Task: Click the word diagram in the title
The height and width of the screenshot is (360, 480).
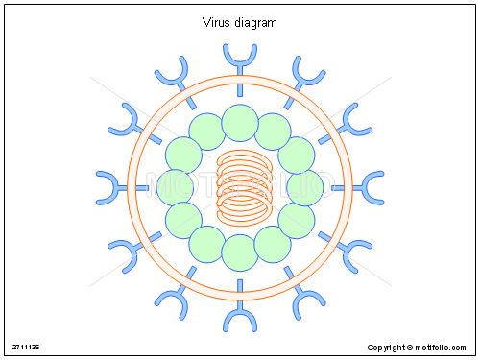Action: (x=253, y=23)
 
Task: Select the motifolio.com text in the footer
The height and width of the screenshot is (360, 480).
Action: (x=443, y=347)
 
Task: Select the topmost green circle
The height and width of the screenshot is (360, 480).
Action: (x=240, y=123)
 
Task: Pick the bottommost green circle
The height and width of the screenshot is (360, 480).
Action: (x=240, y=252)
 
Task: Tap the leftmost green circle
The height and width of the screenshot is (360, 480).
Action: (x=176, y=187)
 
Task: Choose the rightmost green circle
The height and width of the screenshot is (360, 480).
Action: (x=304, y=187)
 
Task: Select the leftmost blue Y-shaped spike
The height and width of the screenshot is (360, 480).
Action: (x=108, y=187)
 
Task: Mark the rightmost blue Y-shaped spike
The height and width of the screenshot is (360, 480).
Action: (x=372, y=187)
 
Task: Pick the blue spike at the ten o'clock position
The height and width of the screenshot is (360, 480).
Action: (x=126, y=121)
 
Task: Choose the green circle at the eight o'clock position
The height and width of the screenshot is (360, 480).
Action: (x=184, y=220)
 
